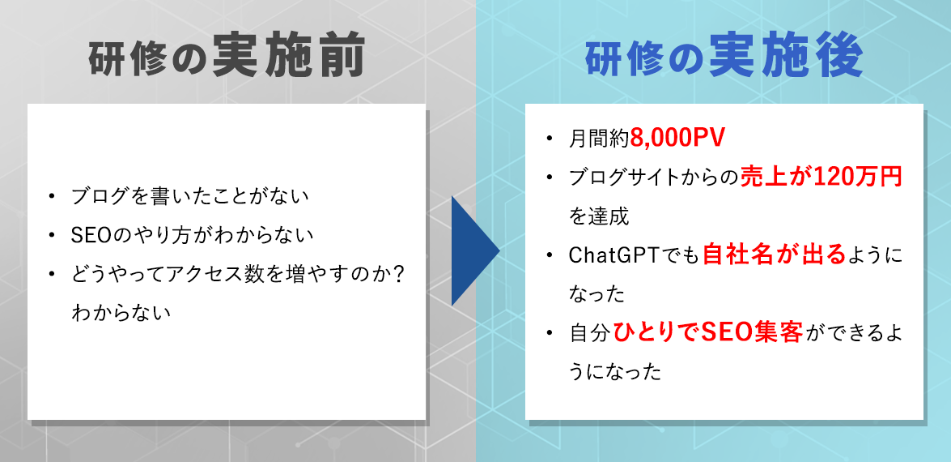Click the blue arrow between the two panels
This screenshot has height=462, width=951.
473,250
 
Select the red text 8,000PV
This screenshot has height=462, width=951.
677,139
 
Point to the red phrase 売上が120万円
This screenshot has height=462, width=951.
822,178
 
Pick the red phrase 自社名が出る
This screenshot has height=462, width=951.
773,255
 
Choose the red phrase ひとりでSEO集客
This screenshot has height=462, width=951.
707,333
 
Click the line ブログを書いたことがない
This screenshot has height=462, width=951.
190,196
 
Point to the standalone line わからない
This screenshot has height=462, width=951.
121,313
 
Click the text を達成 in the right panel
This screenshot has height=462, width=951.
599,216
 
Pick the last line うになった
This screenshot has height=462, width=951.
616,372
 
